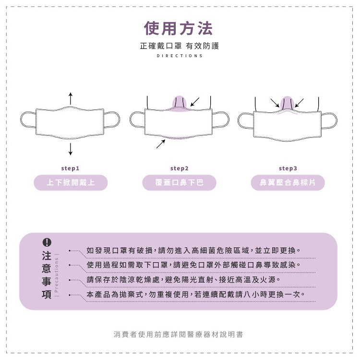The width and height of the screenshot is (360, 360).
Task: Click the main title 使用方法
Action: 178,28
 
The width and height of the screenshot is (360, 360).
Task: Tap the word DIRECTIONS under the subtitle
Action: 180,56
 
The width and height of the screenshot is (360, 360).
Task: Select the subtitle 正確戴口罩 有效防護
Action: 180,46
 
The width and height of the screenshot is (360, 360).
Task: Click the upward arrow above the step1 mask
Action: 71,98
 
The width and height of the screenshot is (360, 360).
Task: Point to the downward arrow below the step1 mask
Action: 71,149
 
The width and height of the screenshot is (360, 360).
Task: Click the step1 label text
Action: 70,168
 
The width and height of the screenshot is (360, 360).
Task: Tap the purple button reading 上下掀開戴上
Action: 71,182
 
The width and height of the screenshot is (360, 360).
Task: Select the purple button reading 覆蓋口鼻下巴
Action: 180,182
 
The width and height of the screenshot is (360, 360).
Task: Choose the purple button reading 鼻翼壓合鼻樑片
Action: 288,182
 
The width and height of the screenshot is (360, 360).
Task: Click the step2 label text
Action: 180,168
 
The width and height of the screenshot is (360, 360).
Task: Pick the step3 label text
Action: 288,168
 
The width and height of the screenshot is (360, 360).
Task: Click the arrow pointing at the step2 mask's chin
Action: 161,144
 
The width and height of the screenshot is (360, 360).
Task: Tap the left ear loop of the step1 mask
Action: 28,120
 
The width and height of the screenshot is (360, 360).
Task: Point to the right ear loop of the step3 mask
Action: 329,120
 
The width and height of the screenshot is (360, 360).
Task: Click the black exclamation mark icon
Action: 47,242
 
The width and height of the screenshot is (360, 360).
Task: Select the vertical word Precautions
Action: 57,275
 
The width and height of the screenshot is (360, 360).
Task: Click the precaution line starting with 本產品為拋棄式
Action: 196,294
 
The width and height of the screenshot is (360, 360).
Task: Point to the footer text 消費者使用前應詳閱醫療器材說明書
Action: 178,334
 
